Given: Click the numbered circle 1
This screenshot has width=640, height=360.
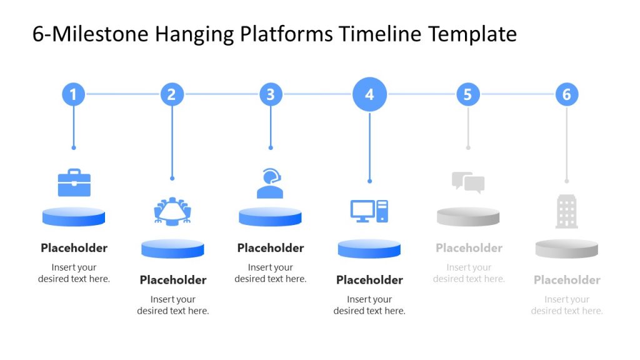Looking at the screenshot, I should [x=73, y=94].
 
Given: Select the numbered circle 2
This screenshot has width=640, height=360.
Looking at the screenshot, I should [x=172, y=94].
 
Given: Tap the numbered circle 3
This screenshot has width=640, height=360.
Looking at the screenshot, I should [x=271, y=94].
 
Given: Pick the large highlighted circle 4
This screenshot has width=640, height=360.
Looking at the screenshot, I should [x=369, y=94].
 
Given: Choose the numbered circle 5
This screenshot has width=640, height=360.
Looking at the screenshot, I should [x=468, y=94].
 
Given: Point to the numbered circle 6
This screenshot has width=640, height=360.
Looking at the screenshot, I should [x=567, y=94].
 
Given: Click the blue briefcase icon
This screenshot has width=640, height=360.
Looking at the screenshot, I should [x=74, y=182].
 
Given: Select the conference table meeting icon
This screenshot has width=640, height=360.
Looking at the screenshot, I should [x=172, y=211].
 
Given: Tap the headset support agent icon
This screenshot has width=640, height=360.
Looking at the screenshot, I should [x=270, y=183].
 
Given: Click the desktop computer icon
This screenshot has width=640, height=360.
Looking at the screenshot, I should [x=369, y=211].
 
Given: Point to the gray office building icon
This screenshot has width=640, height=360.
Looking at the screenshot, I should [x=567, y=211].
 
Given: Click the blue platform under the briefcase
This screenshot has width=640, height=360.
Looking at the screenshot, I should [x=74, y=217].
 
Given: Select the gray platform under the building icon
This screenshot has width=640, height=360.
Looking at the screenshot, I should [x=567, y=249].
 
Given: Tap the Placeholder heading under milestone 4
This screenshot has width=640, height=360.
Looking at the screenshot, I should [x=369, y=280].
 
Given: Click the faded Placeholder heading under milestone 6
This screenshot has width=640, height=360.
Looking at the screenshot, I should [x=567, y=280].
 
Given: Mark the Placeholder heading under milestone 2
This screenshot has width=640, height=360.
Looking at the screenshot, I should [x=172, y=280].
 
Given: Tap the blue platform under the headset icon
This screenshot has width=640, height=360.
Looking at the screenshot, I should [x=270, y=217].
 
